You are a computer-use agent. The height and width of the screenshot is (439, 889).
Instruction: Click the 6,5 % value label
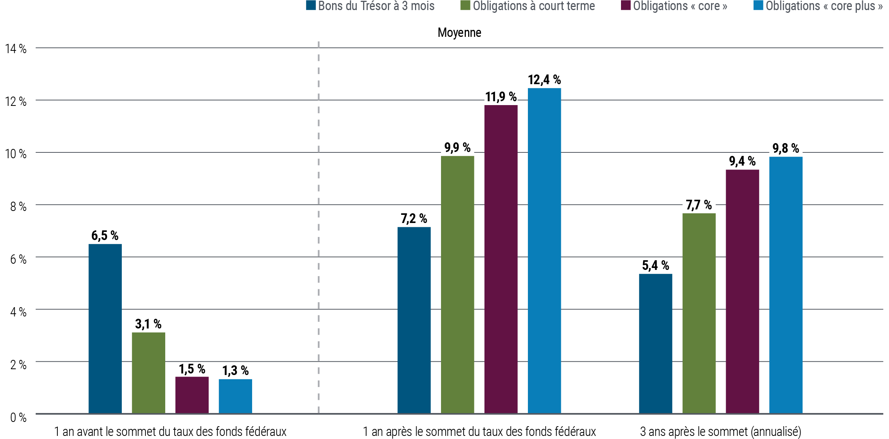tap(105, 235)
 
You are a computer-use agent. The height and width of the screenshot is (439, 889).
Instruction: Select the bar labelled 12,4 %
tap(545, 251)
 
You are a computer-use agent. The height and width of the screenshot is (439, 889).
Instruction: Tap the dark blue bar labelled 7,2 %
tap(414, 320)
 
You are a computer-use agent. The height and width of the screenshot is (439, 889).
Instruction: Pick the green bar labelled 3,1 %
tap(148, 373)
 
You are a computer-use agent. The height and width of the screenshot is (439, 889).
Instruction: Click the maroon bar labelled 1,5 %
tap(192, 394)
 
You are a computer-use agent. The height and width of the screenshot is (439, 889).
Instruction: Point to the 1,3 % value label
tap(235, 370)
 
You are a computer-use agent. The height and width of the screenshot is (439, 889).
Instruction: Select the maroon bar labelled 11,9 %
tap(501, 259)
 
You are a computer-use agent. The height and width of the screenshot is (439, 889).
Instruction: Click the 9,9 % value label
tap(457, 148)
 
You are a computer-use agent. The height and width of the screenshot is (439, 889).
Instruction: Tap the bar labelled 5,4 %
tap(656, 343)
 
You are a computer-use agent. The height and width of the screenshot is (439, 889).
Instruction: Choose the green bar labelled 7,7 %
tap(699, 313)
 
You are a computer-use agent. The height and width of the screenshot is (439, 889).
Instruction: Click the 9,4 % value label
tap(742, 161)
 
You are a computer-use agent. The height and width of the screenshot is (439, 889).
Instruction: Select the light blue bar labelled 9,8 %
tap(786, 285)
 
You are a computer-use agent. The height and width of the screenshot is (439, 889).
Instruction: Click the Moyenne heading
tap(459, 33)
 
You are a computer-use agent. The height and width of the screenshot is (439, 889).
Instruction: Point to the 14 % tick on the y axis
tap(16, 49)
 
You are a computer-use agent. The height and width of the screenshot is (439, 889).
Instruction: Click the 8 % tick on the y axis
tap(18, 206)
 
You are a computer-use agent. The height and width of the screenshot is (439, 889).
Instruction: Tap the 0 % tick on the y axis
tap(18, 417)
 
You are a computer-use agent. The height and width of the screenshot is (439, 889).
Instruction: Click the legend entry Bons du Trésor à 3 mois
tap(370, 6)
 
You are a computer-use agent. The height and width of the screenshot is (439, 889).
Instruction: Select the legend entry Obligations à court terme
tap(528, 6)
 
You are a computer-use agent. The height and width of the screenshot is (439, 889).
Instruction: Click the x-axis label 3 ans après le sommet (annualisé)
tap(720, 431)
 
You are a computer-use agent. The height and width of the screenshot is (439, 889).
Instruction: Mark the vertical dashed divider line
tap(318, 233)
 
